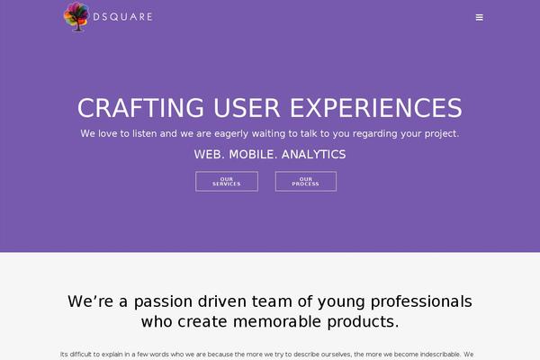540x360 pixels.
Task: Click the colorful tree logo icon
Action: click(x=77, y=16)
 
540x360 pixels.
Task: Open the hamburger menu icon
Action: click(x=480, y=17)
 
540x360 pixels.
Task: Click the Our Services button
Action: click(x=227, y=181)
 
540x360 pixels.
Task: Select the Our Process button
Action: click(x=305, y=181)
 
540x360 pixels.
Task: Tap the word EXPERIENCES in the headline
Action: click(x=376, y=108)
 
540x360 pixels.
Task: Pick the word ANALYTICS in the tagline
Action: click(x=313, y=155)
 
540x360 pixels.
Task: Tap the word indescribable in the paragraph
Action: click(x=427, y=354)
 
